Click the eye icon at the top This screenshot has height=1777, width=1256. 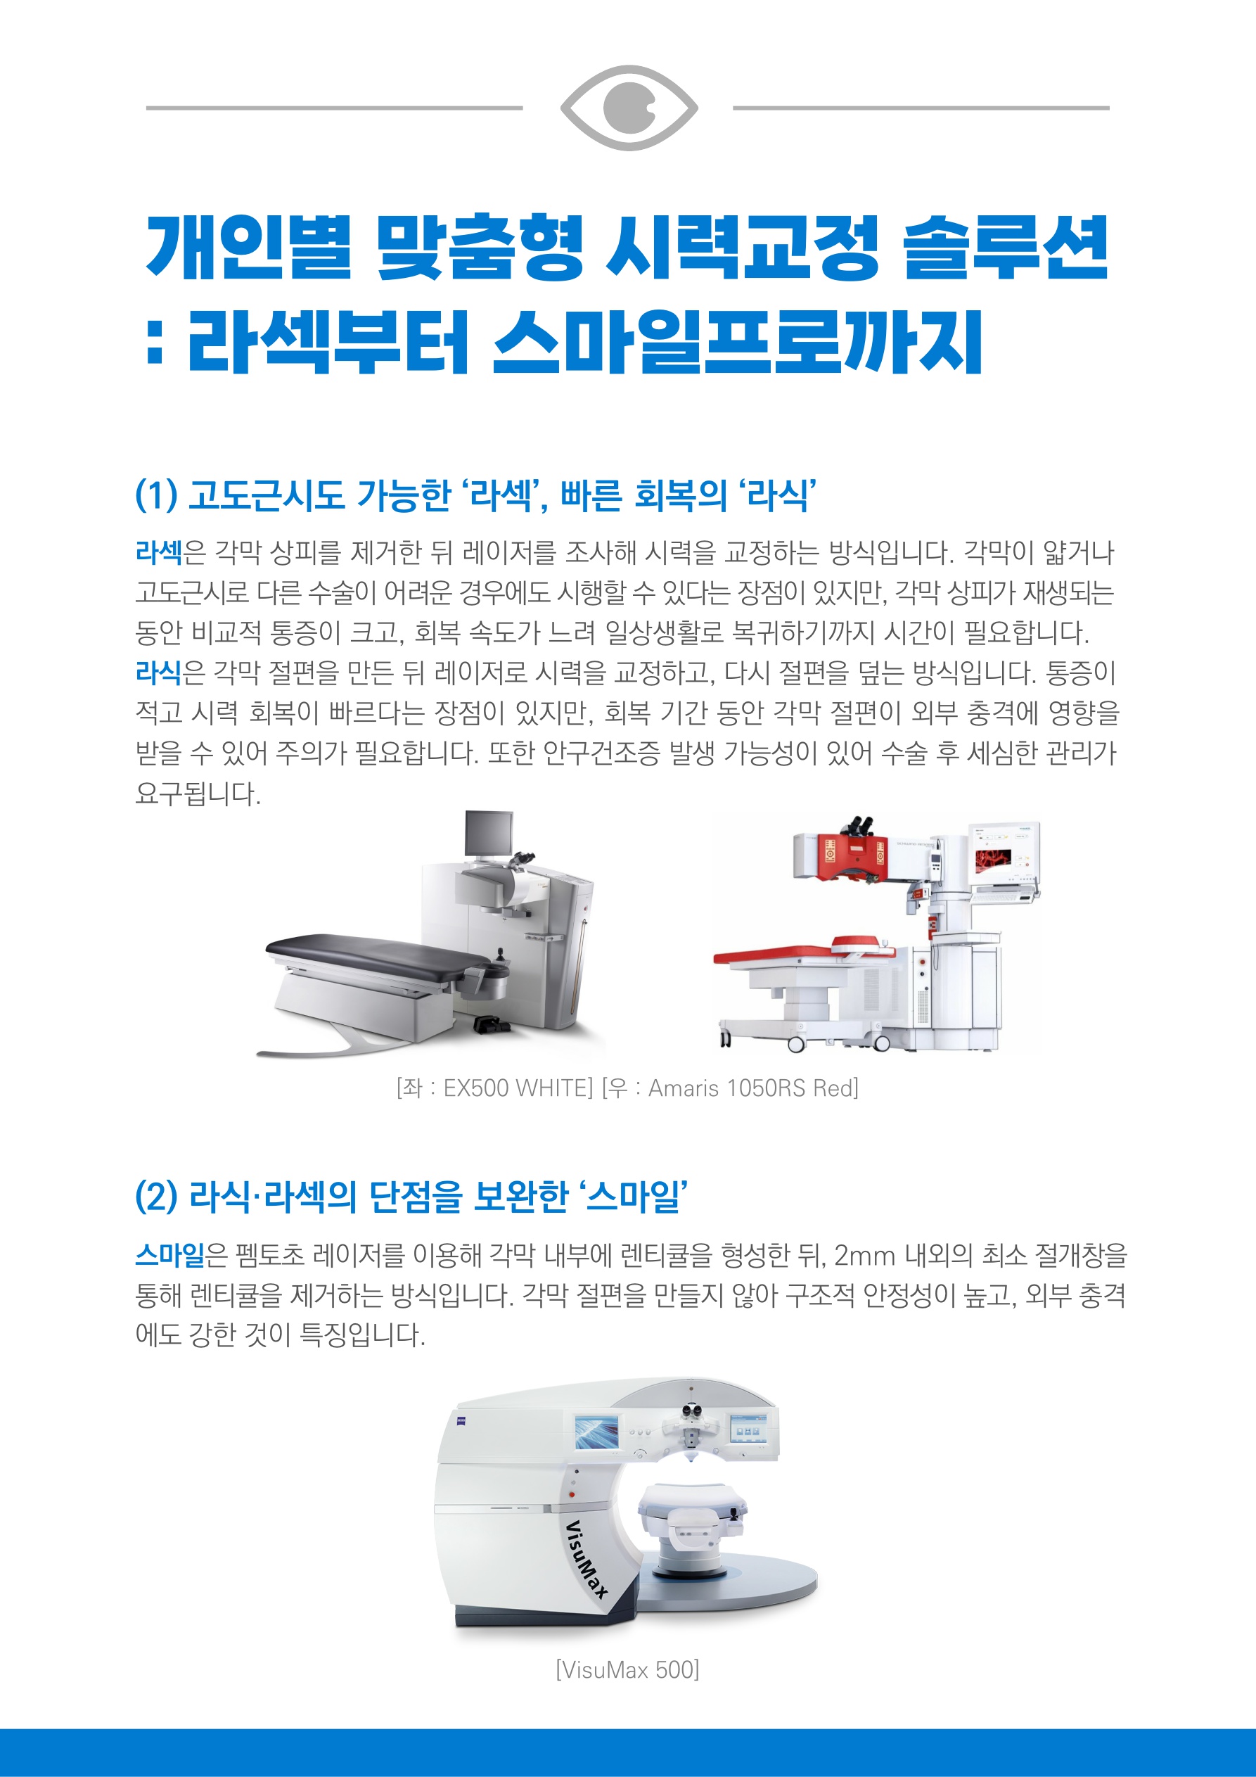629,108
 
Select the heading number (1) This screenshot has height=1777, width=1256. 156,495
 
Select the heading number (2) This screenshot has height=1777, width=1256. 156,1197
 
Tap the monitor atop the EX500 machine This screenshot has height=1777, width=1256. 489,833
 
